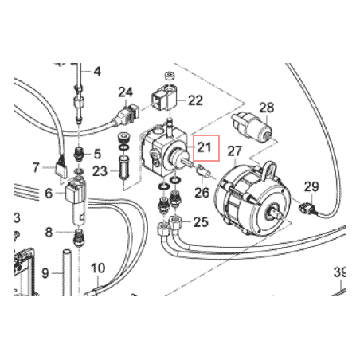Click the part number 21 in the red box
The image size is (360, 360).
[204, 147]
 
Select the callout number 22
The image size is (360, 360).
[195, 100]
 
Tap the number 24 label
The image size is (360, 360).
[125, 92]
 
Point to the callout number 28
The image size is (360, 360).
[266, 108]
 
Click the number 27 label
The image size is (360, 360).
[235, 151]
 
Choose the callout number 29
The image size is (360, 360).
[311, 186]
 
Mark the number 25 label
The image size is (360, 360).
[201, 221]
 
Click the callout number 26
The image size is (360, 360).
[202, 193]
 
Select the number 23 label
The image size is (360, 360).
[100, 171]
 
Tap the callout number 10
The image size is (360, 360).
[98, 268]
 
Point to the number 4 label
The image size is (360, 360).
[97, 72]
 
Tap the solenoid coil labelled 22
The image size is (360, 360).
[165, 99]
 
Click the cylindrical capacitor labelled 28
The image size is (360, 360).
[252, 125]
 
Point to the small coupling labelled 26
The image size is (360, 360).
[204, 170]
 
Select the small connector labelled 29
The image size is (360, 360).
[307, 209]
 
